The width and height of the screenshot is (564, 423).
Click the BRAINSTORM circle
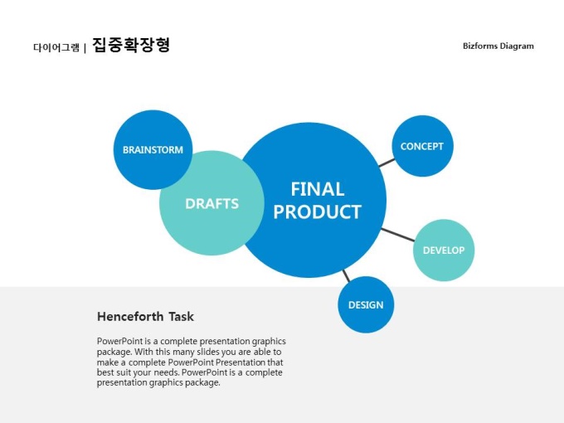[x=153, y=149]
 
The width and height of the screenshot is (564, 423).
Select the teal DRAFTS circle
[x=211, y=203]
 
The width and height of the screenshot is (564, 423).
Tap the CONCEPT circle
[x=422, y=146]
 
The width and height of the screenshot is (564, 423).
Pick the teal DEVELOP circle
[x=444, y=250]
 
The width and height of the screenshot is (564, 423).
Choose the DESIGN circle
[x=366, y=304]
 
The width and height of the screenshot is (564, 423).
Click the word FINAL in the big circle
[x=317, y=189]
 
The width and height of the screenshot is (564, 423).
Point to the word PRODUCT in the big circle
[x=317, y=211]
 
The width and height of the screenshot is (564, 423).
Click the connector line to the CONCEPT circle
[x=387, y=163]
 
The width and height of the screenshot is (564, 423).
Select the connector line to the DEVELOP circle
[x=398, y=235]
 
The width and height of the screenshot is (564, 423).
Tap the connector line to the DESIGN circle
[x=346, y=276]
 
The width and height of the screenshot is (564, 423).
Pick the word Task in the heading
[x=182, y=317]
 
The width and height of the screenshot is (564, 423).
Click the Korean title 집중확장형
[x=131, y=45]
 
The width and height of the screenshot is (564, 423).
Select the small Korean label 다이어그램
[x=56, y=47]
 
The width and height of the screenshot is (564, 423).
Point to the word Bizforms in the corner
[x=480, y=46]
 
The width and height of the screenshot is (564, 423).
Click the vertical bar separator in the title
[x=85, y=48]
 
